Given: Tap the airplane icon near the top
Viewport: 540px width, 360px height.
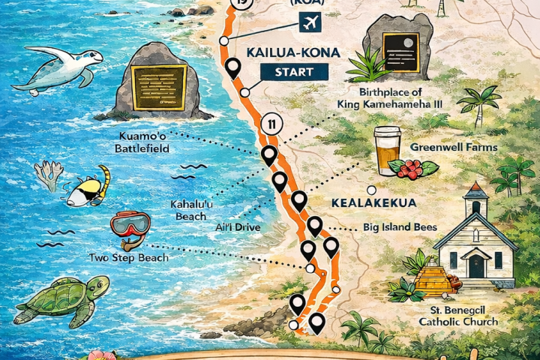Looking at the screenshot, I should [x=307, y=23].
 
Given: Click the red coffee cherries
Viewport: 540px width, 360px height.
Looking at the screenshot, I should [x=410, y=169].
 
